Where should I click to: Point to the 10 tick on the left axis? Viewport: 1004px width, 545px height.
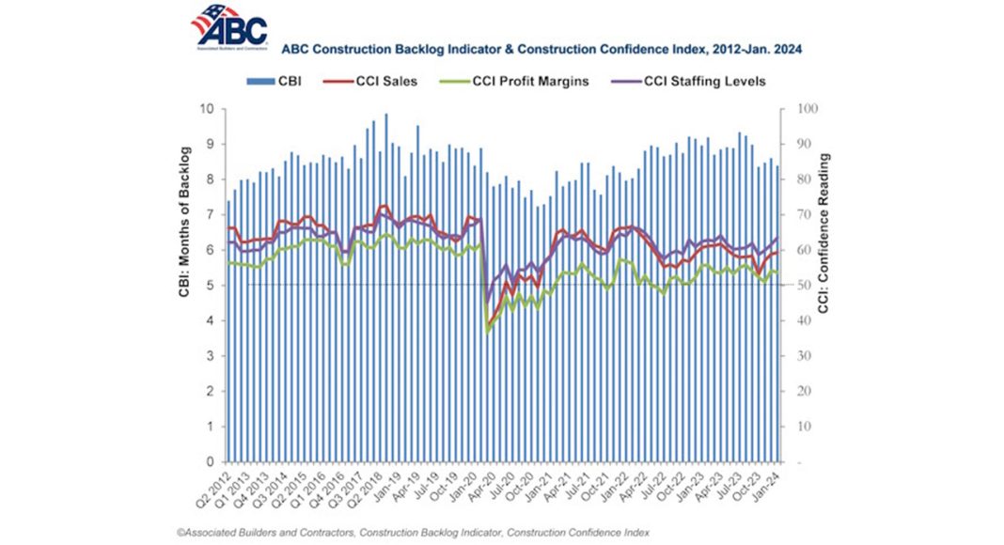(209, 109)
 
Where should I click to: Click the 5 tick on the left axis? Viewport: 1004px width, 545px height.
(212, 286)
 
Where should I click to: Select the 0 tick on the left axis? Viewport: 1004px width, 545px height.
(212, 462)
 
